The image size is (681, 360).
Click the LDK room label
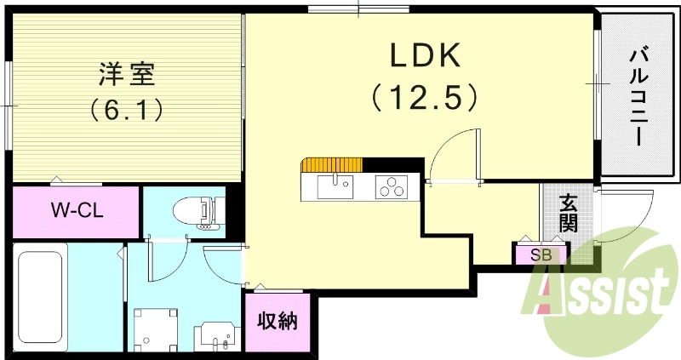point(426,56)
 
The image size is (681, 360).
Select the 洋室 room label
point(127,74)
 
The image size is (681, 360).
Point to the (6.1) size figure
point(127,110)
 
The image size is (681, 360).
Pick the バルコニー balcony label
point(636,98)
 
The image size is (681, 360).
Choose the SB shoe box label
point(540,254)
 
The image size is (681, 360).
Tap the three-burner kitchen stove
point(392,186)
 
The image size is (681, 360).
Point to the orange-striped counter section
point(335,164)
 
